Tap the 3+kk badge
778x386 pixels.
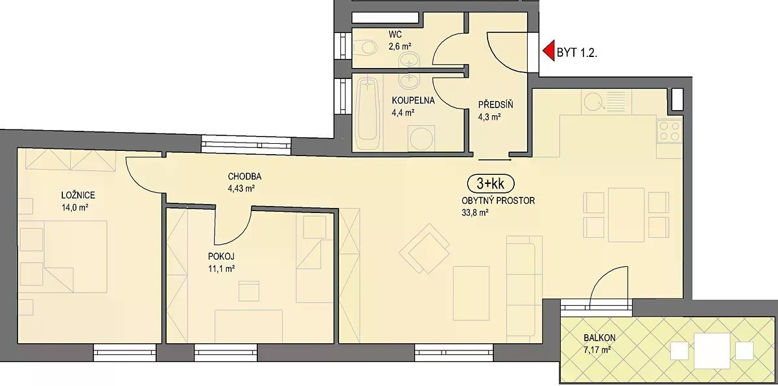(491, 183)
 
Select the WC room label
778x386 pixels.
(395, 34)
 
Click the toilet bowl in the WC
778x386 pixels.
(367, 47)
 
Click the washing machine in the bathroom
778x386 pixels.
(421, 139)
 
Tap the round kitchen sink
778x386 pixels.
(595, 101)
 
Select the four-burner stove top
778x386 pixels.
(669, 131)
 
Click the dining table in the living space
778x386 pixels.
(626, 215)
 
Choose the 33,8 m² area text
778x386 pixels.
(475, 213)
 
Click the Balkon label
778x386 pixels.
(600, 337)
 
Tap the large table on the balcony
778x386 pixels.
(712, 350)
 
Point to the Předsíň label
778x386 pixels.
(495, 104)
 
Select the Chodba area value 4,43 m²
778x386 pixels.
(241, 188)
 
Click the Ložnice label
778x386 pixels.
(78, 195)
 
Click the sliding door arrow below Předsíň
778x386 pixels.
(495, 160)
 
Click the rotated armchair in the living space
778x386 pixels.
(425, 248)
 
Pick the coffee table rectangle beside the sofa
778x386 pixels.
(471, 293)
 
